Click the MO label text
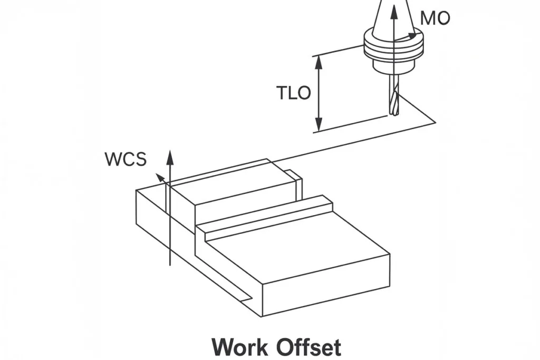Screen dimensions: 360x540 click(x=435, y=19)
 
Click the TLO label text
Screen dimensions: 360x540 click(x=294, y=93)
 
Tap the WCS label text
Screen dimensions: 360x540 click(x=126, y=159)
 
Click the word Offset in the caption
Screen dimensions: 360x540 click(x=310, y=347)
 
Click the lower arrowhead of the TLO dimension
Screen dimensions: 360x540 click(x=319, y=127)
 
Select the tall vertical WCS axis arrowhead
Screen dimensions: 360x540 click(x=169, y=155)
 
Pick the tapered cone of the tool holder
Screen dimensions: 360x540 click(x=393, y=18)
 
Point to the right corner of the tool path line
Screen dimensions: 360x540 click(x=436, y=122)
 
